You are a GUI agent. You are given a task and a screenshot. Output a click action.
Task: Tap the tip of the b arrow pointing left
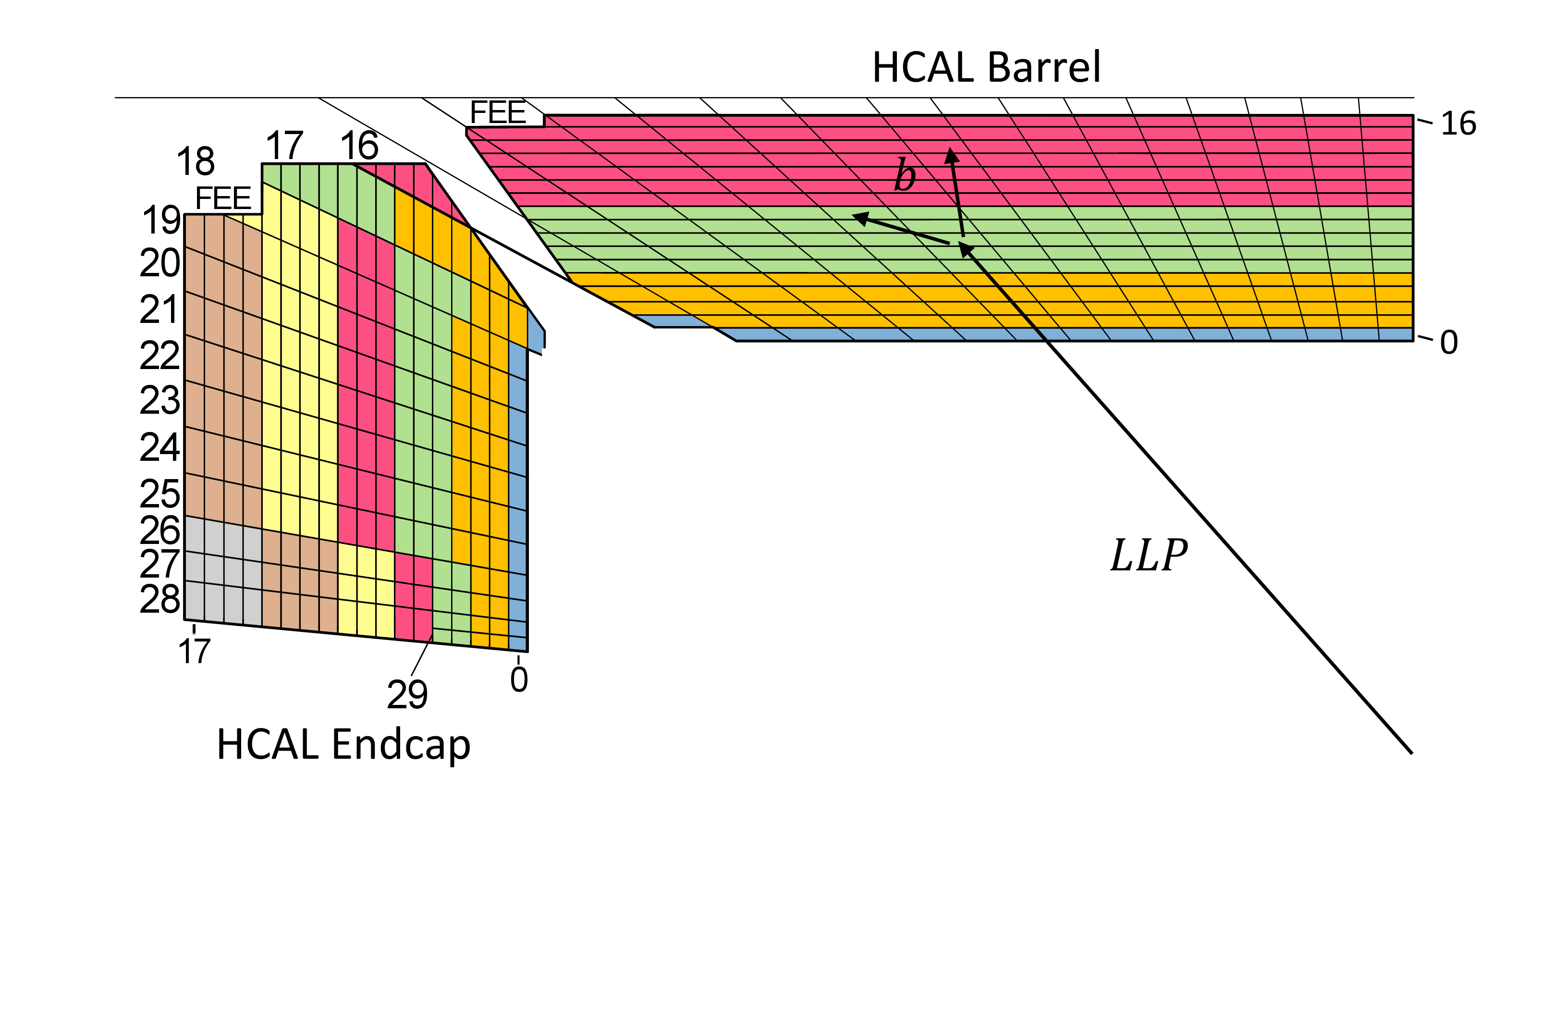[852, 215]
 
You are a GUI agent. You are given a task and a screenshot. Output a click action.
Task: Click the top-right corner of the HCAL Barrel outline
[1413, 116]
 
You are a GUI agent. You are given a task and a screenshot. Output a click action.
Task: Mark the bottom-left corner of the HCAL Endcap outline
[185, 620]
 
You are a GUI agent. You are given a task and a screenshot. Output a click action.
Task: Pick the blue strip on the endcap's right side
[518, 495]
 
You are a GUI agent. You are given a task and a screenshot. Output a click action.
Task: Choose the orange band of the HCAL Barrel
[991, 301]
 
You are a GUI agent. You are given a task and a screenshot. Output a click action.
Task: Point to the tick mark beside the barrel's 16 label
[1425, 122]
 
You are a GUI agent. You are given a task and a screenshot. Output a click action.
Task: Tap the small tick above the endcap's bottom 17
[194, 629]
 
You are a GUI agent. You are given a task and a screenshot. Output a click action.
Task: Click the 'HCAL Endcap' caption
[343, 745]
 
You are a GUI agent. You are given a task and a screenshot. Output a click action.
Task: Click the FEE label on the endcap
[223, 198]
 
